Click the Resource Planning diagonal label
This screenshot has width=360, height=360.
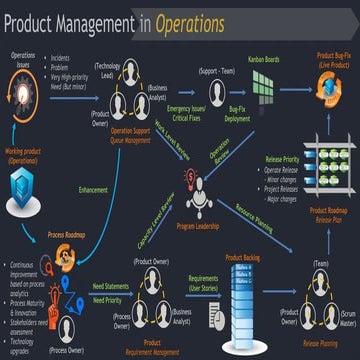click(255, 212)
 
